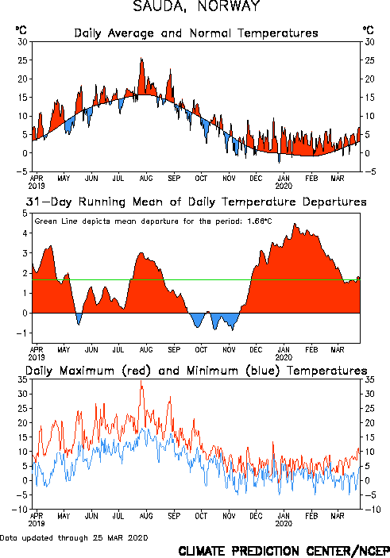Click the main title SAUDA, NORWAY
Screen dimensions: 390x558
click(197, 6)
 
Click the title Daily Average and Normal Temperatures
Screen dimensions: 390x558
click(196, 33)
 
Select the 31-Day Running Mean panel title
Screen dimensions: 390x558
click(196, 202)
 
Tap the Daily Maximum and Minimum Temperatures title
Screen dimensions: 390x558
click(196, 371)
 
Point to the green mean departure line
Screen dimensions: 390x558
click(196, 279)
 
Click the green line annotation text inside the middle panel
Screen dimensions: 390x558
click(153, 221)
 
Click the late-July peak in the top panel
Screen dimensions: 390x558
click(141, 58)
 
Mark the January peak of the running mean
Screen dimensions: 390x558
click(295, 224)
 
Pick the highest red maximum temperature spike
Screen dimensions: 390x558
click(141, 381)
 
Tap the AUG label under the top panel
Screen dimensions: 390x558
click(146, 179)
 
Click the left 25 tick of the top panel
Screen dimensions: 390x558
click(22, 60)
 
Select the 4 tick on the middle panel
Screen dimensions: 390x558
click(25, 233)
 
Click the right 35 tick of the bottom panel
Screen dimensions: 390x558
click(369, 379)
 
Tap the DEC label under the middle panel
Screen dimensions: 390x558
click(256, 350)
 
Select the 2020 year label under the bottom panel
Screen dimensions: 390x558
click(284, 524)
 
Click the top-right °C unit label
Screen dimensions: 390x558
click(369, 30)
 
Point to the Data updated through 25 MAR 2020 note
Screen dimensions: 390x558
click(74, 538)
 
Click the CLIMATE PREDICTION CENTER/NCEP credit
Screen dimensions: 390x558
click(284, 551)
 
